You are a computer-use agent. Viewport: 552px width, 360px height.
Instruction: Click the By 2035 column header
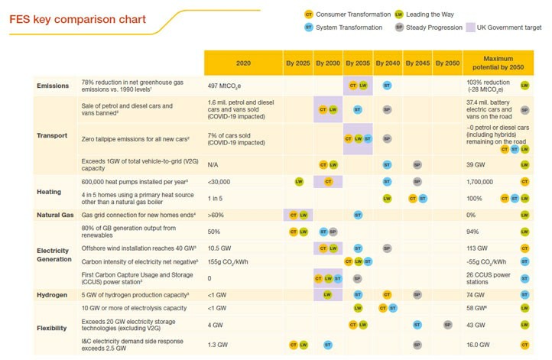[357, 63]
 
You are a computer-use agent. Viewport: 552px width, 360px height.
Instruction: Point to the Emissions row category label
[53, 86]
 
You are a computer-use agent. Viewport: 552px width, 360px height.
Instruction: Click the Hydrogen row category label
[53, 294]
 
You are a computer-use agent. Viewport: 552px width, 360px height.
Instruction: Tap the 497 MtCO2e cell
[226, 86]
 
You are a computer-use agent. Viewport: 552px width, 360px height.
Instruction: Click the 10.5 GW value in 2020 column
[219, 248]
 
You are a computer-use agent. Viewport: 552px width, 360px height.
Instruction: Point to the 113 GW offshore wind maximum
[478, 248]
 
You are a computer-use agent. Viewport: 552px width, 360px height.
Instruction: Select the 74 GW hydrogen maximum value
[476, 294]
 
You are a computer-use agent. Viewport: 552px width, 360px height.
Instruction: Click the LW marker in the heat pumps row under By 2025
[299, 182]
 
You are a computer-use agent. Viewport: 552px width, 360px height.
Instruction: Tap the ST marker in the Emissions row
[387, 86]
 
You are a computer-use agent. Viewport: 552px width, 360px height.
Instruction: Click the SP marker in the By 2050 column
[446, 325]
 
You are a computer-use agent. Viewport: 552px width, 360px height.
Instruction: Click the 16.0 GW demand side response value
[479, 345]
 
